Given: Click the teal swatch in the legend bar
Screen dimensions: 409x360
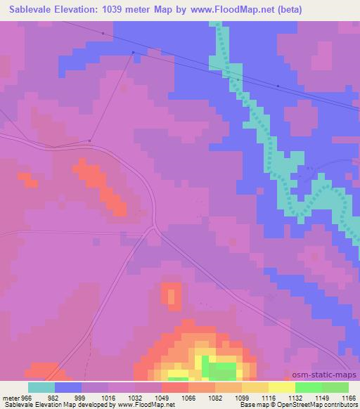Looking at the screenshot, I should point(41,387).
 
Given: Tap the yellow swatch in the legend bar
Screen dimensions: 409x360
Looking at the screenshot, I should point(282,387).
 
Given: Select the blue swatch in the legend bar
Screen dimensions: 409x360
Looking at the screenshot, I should point(68,387).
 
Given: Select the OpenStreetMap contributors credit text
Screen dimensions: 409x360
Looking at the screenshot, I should point(323,405).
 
